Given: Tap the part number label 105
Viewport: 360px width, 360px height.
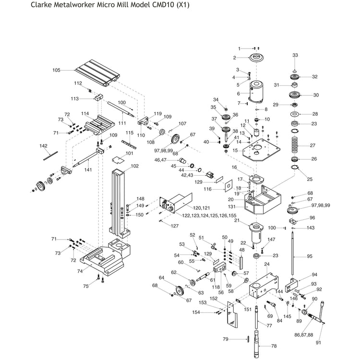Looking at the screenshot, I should pos(57,70).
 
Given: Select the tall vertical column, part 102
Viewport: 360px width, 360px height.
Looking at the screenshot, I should pos(120,202).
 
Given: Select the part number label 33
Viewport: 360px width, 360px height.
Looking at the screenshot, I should pos(295,56).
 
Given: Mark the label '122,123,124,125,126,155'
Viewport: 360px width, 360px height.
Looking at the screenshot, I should pos(195,216).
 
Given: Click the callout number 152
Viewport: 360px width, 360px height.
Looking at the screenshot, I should pos(214,298).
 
